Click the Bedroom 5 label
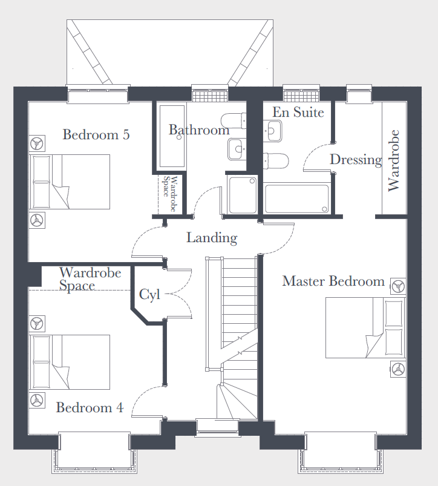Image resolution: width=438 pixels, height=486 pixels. (96, 134)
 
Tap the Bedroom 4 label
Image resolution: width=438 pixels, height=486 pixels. (90, 407)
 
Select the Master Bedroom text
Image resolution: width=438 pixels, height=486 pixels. (333, 281)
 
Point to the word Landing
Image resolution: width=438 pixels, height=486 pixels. (212, 238)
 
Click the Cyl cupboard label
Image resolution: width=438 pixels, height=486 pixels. (149, 295)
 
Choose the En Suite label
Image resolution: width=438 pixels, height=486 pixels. (298, 112)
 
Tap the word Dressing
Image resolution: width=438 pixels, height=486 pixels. (356, 160)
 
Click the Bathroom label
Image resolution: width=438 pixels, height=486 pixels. (199, 130)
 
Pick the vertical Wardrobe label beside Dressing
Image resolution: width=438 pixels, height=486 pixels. (393, 160)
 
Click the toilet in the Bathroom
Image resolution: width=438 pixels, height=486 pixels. (234, 121)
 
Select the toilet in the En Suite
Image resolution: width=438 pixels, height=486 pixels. (276, 161)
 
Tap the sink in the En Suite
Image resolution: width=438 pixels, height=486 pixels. (273, 131)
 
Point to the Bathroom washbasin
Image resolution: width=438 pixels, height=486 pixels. (237, 149)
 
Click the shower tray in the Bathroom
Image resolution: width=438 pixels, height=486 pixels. (243, 195)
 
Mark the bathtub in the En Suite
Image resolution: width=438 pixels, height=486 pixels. (297, 199)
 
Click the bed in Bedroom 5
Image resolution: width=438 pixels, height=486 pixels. (70, 182)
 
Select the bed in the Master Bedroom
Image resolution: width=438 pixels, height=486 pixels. (365, 327)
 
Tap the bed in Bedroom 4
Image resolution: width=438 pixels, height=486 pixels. (70, 362)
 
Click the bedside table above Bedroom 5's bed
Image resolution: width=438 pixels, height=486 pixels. (37, 143)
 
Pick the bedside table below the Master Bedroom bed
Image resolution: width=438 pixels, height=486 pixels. (398, 369)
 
